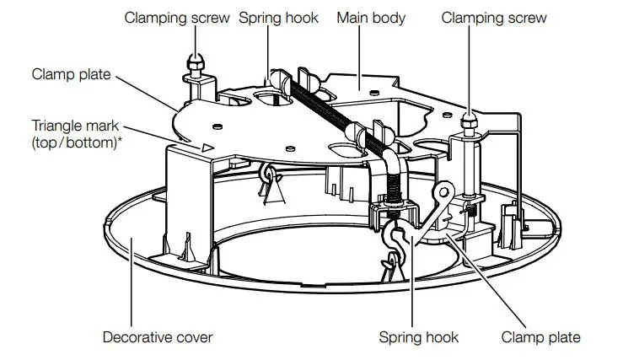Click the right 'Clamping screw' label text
click(493, 17)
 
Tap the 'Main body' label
click(371, 17)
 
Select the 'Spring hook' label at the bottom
click(419, 337)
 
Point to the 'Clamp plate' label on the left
click(71, 73)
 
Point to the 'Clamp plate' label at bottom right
click(540, 337)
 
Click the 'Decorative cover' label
click(158, 337)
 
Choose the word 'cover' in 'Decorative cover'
click(192, 337)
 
